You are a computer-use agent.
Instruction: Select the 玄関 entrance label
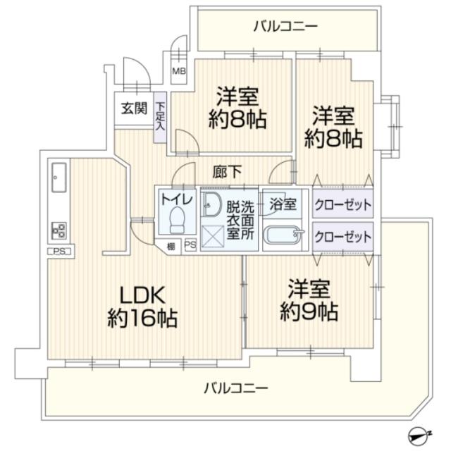point(133,109)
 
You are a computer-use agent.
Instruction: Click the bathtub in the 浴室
point(283,235)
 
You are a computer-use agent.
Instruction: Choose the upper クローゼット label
point(342,204)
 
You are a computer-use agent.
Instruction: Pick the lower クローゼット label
point(342,235)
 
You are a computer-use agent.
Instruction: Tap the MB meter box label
point(180,71)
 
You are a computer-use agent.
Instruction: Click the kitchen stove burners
point(58,230)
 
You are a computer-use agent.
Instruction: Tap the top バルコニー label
point(285,27)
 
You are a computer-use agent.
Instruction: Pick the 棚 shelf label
point(171,246)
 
